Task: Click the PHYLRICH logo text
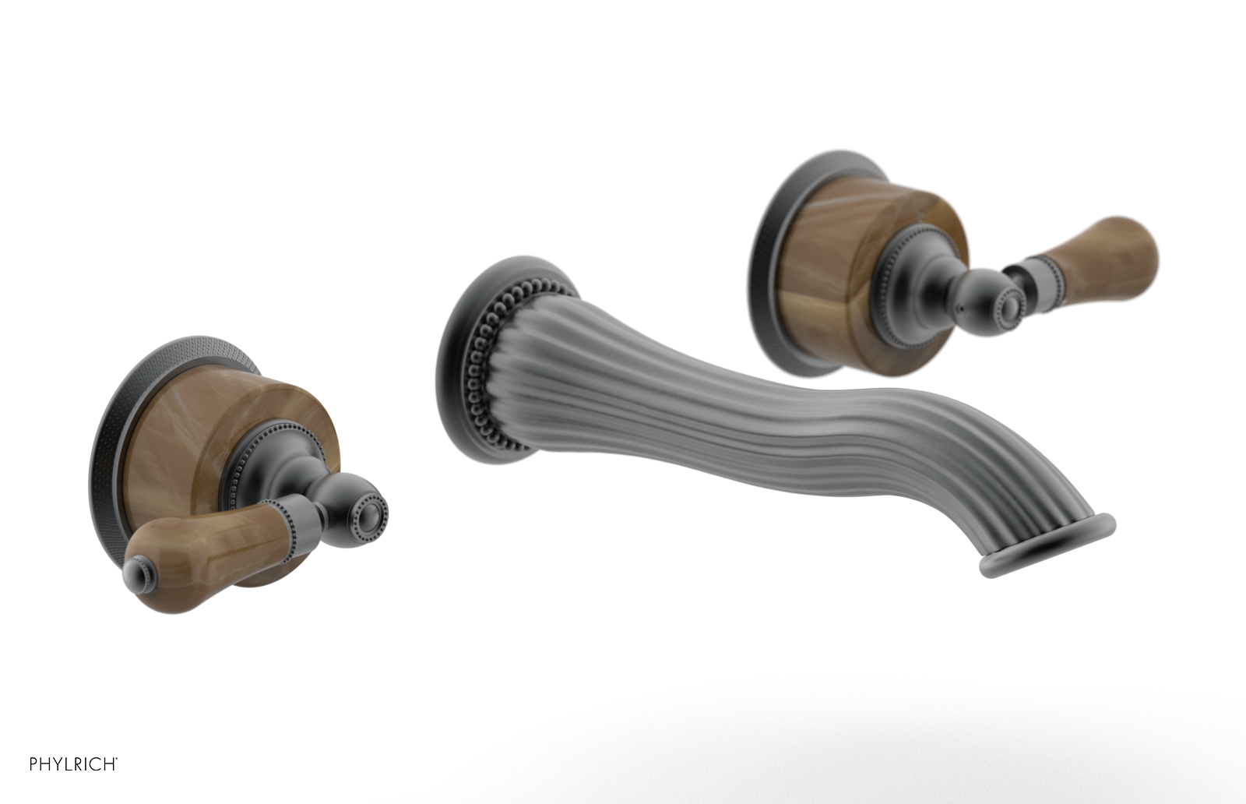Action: (73, 764)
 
